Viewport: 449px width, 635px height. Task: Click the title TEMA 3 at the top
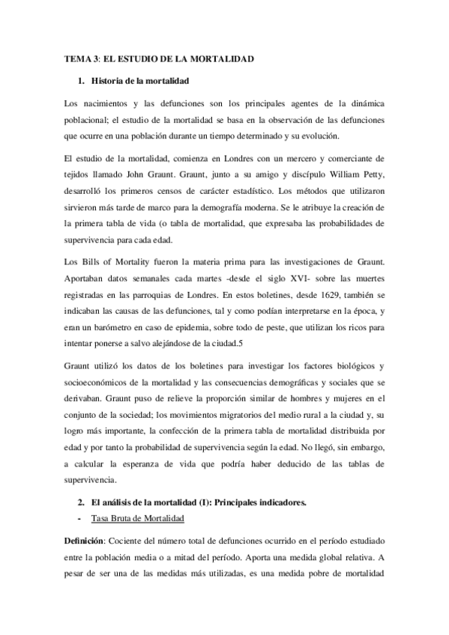coord(76,58)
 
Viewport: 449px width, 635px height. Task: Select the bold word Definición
coord(83,539)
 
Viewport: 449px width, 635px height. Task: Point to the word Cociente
coord(127,539)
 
